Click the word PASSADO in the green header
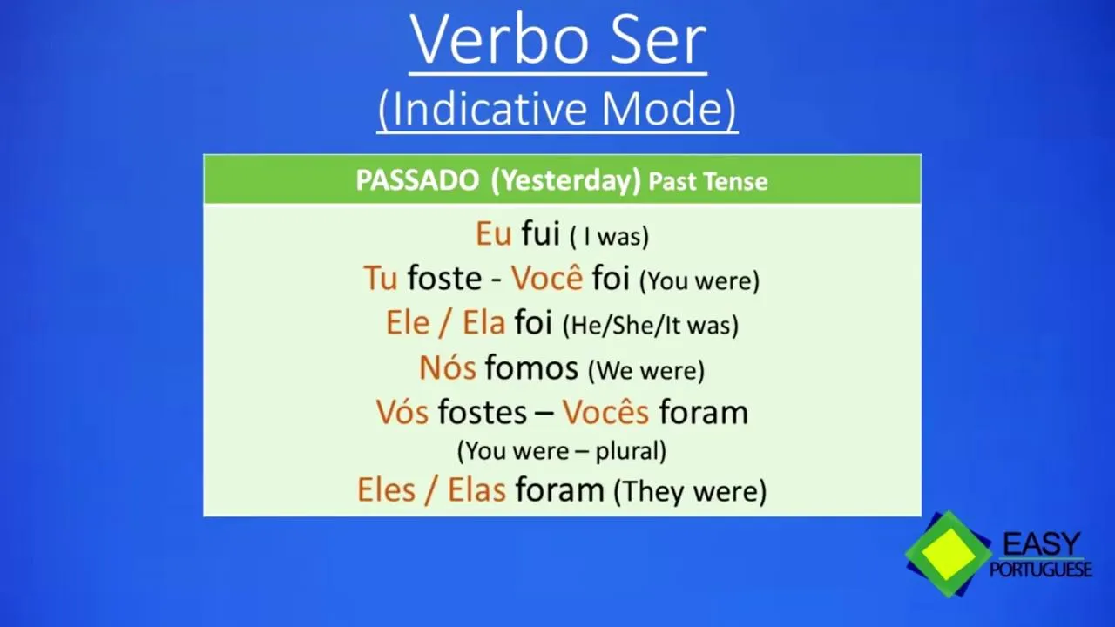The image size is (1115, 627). (417, 180)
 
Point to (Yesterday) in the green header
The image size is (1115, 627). (566, 181)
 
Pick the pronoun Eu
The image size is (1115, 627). (493, 233)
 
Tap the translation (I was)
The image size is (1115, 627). (610, 236)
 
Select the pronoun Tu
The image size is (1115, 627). (381, 278)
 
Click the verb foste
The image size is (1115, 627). (444, 278)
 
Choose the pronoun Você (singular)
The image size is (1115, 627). (547, 277)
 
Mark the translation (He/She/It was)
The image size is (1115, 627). (651, 326)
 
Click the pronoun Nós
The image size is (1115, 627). (448, 367)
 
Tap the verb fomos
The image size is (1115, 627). (531, 367)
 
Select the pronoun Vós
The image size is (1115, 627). (402, 412)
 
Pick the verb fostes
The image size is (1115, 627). (482, 412)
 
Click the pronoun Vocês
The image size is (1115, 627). (605, 412)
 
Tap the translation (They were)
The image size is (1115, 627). (690, 492)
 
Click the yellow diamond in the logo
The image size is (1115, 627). (949, 555)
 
